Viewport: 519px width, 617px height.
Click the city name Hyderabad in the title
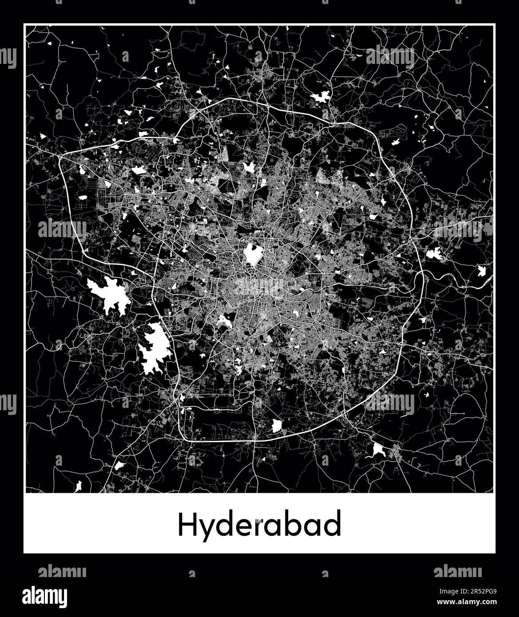tap(260, 526)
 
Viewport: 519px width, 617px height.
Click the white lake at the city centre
tap(251, 254)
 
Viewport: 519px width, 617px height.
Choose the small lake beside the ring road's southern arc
tap(277, 425)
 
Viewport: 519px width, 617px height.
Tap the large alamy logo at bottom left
tap(51, 595)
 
